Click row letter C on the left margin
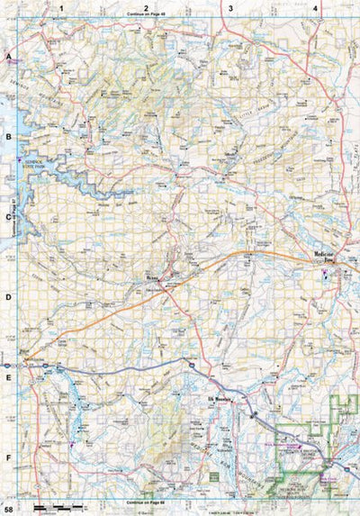pyautogui.click(x=8, y=216)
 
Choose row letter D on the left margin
pyautogui.click(x=8, y=296)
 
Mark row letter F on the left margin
pyautogui.click(x=8, y=457)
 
